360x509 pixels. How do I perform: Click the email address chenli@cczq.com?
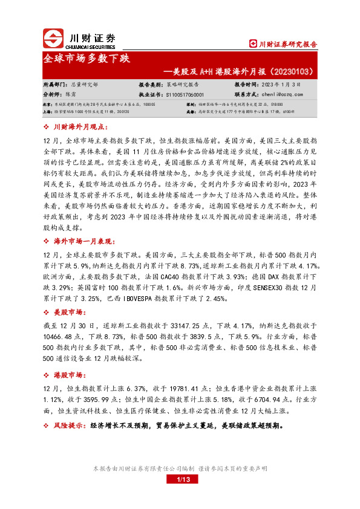[x=282, y=95]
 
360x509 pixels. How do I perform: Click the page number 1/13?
[x=180, y=479]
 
